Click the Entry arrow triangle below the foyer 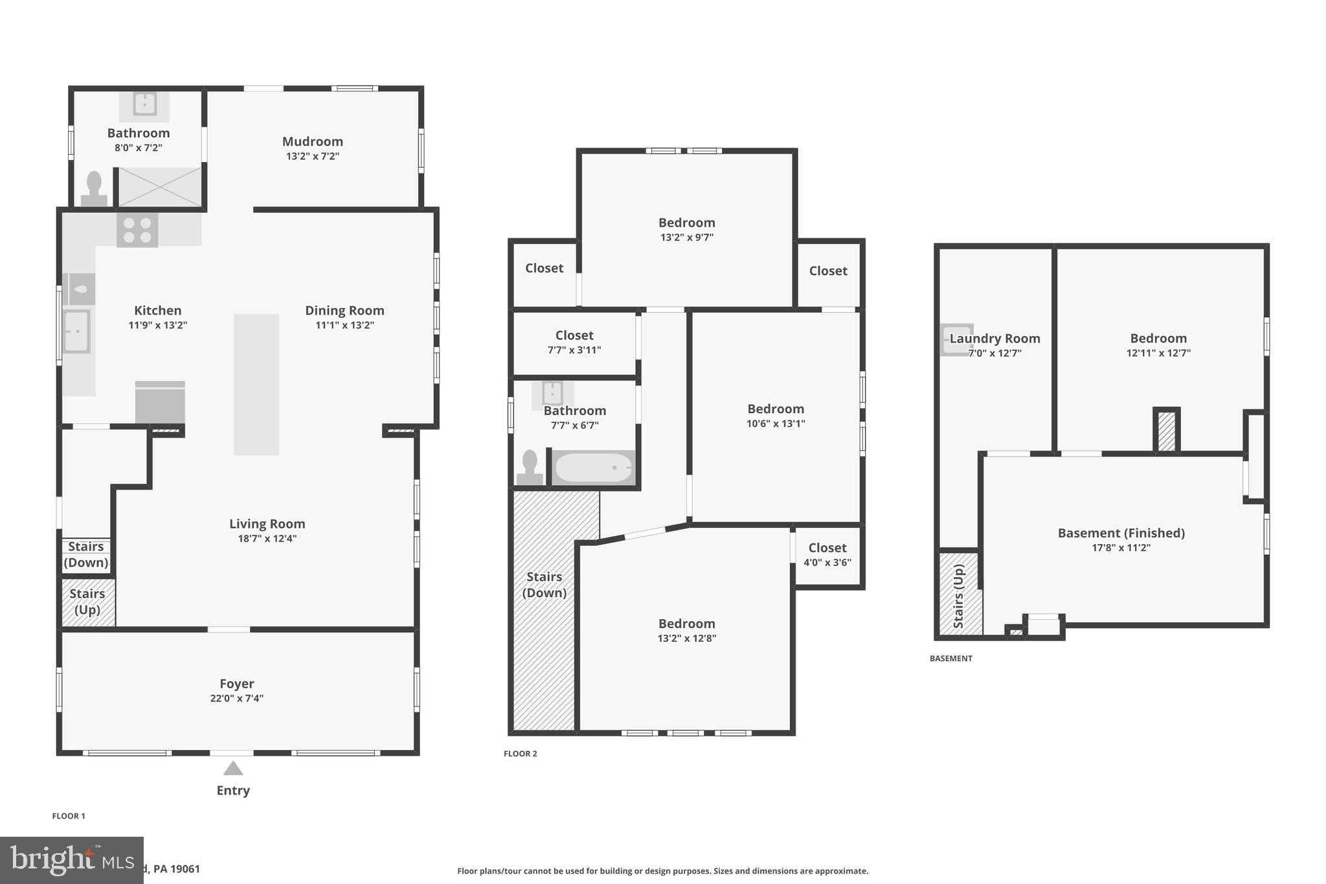pos(233,769)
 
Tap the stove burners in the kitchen pos(137,231)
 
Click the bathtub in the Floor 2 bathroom pos(594,468)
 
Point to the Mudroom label pos(313,142)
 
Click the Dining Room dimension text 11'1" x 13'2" pos(344,325)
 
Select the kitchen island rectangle pos(256,384)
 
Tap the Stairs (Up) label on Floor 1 pos(87,602)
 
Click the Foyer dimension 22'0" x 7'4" pos(236,698)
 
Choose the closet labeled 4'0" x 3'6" pos(827,556)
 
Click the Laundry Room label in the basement pos(994,339)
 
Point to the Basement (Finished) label pos(1121,533)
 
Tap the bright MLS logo pos(71,860)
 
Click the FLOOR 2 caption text pos(521,754)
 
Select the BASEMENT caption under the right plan pos(950,659)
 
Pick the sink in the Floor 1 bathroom pos(144,104)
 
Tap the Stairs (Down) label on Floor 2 pos(544,585)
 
